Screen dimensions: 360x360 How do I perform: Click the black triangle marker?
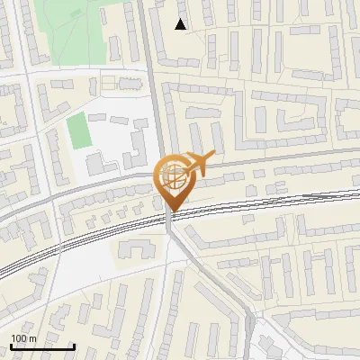pyautogui.click(x=181, y=25)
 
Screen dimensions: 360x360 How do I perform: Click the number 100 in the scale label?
pyautogui.click(x=18, y=338)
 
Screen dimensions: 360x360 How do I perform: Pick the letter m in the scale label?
pyautogui.click(x=32, y=338)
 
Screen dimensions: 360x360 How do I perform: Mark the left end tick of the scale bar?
pyautogui.click(x=11, y=346)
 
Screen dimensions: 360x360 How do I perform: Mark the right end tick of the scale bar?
pyautogui.click(x=75, y=346)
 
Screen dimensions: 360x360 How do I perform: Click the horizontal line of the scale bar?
pyautogui.click(x=42, y=347)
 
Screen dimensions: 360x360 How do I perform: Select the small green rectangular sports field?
pyautogui.click(x=79, y=131)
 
